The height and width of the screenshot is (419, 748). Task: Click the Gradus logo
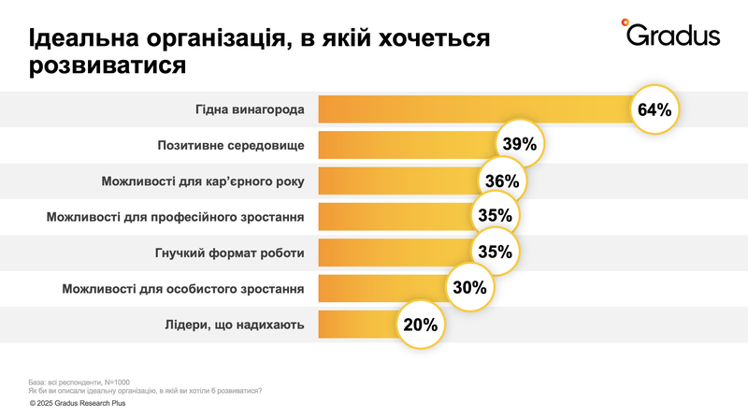[670, 36]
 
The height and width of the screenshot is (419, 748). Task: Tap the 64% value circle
[654, 109]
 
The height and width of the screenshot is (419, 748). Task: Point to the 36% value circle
[502, 181]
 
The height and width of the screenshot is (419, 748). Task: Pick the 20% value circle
[421, 325]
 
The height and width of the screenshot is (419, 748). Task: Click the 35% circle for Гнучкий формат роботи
[493, 253]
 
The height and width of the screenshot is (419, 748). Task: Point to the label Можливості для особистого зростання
[183, 289]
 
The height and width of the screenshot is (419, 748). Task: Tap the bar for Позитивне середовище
[406, 145]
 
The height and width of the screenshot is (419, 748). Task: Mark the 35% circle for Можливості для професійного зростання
[493, 216]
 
